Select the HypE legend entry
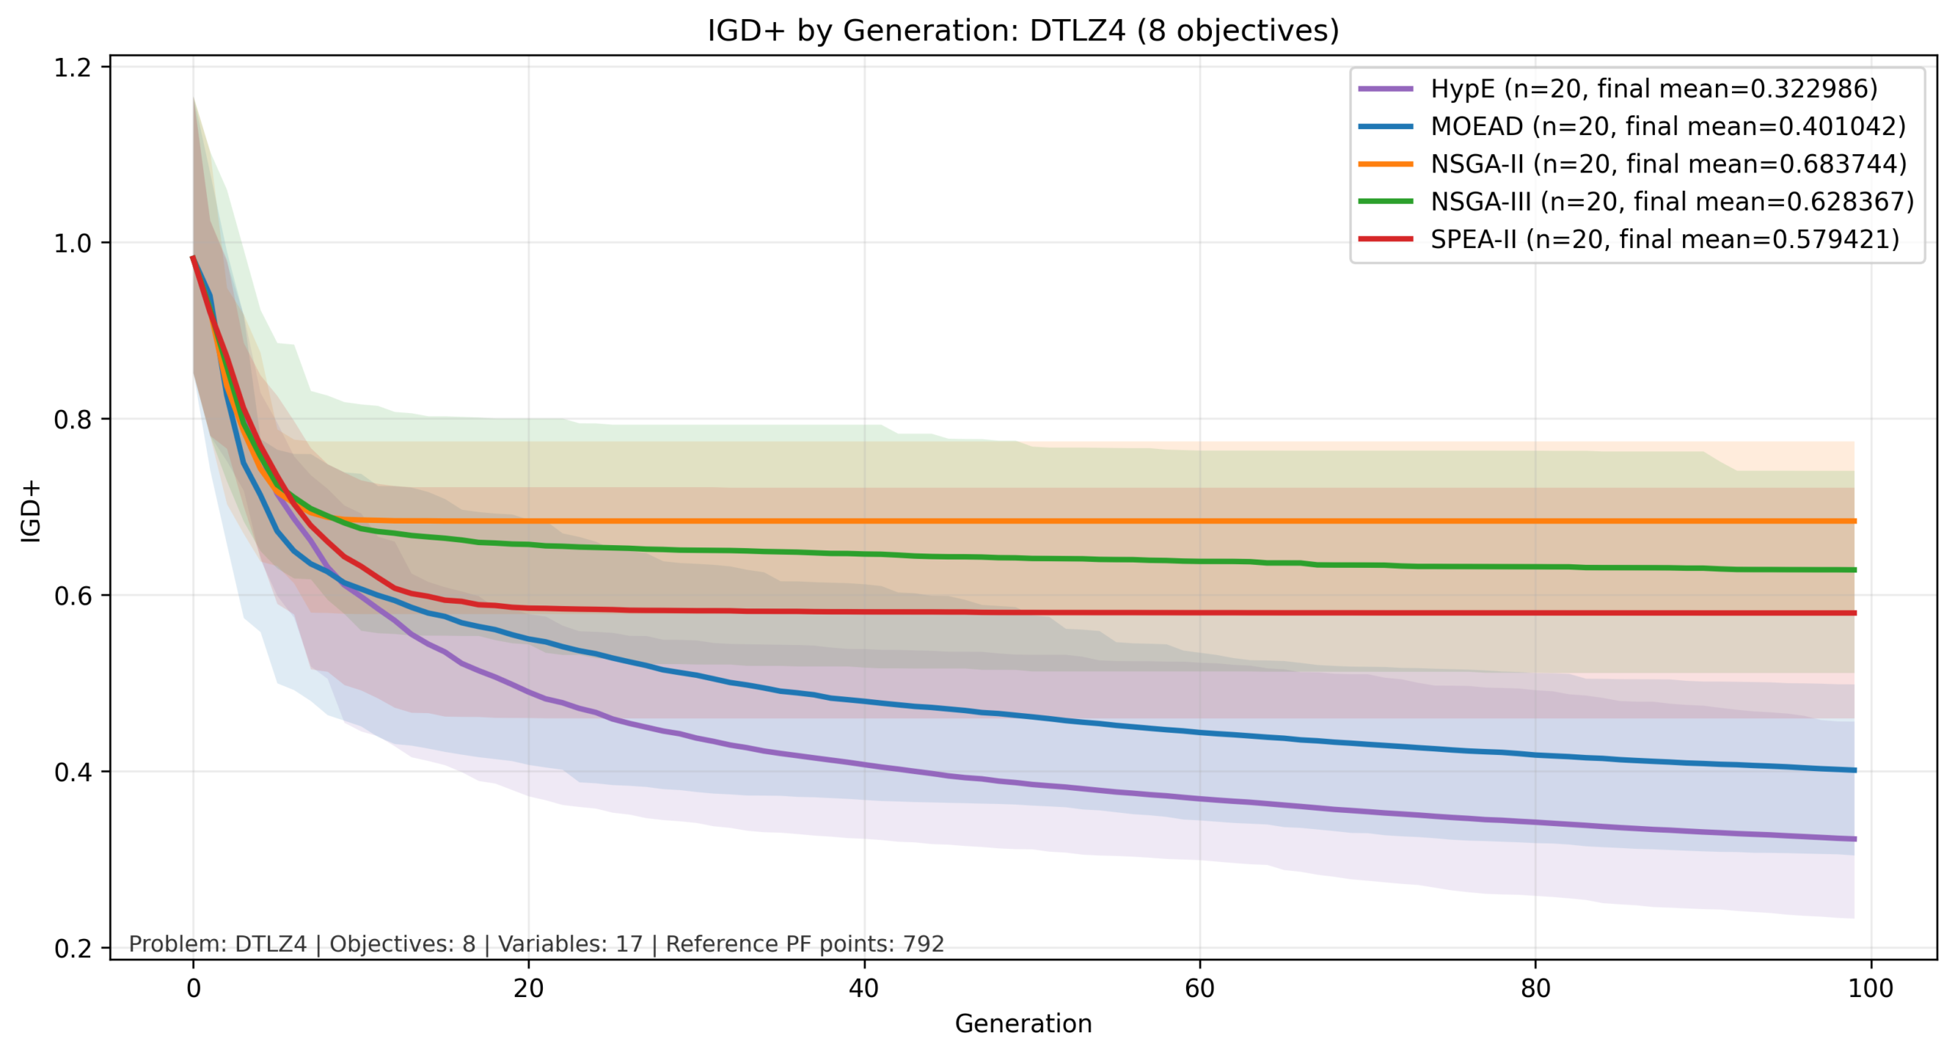click(x=1653, y=89)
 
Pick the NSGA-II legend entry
click(x=1668, y=163)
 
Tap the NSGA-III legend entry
click(x=1672, y=202)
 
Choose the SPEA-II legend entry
click(x=1664, y=239)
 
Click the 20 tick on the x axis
click(x=528, y=989)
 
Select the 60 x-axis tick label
click(x=1199, y=989)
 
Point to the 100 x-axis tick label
click(x=1870, y=989)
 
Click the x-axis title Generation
click(x=1023, y=1024)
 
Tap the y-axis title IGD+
click(x=31, y=511)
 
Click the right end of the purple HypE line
click(x=1853, y=839)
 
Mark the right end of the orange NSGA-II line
click(x=1853, y=521)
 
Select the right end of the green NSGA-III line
click(x=1853, y=569)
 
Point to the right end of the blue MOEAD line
click(x=1853, y=770)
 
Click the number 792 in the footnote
click(x=923, y=944)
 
